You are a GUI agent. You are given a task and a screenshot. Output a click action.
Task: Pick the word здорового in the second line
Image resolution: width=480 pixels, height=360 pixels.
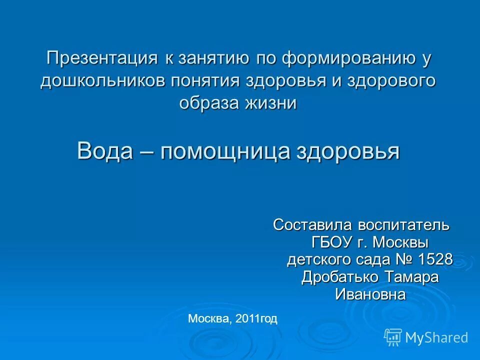tap(390, 81)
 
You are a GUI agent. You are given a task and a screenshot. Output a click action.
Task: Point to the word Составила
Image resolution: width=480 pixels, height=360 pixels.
tap(309, 225)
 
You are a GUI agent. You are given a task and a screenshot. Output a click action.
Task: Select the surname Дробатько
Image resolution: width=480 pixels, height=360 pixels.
tap(338, 277)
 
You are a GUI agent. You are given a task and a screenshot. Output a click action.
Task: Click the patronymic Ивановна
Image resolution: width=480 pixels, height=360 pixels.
tap(370, 294)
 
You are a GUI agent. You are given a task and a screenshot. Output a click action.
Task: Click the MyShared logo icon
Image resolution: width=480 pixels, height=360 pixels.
tap(393, 337)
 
